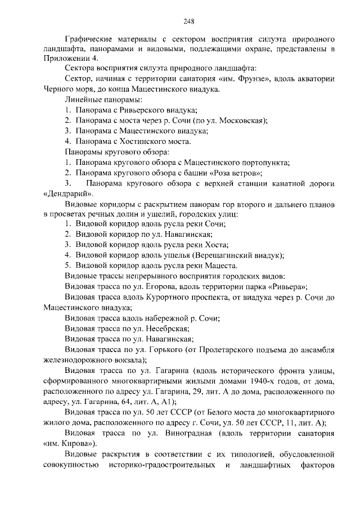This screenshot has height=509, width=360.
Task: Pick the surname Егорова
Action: pos(152,286)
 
